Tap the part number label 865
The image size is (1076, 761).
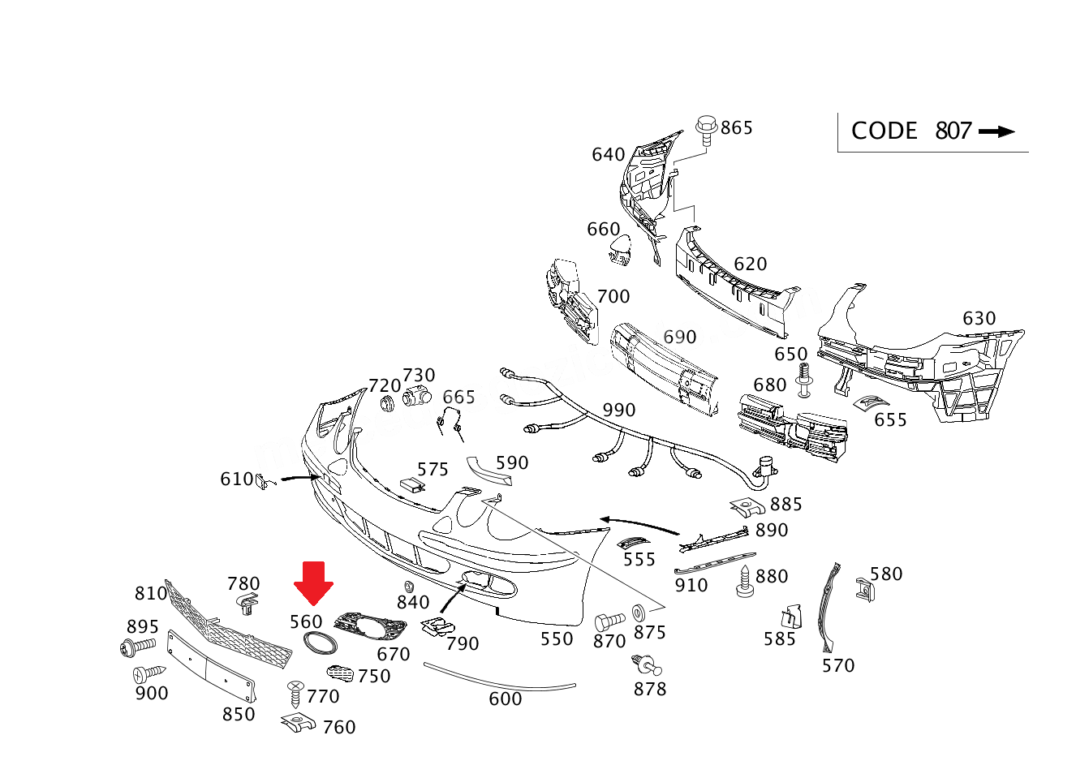tap(737, 128)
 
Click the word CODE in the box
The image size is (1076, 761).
tap(884, 131)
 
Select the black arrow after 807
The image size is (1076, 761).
tap(996, 131)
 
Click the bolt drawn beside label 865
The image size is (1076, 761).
tap(706, 130)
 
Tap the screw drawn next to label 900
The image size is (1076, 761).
tap(148, 673)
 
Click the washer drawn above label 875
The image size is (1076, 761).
tap(639, 610)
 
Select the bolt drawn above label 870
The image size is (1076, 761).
tap(609, 621)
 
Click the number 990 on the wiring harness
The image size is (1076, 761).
tap(618, 411)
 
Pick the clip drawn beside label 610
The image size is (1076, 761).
tap(262, 482)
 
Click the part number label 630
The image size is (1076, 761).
tap(979, 319)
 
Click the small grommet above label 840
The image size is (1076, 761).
tap(409, 586)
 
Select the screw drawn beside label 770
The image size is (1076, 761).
tap(295, 694)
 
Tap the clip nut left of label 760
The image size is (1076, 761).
tap(298, 722)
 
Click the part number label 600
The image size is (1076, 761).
tap(505, 699)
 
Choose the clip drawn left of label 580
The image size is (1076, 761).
tap(863, 588)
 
